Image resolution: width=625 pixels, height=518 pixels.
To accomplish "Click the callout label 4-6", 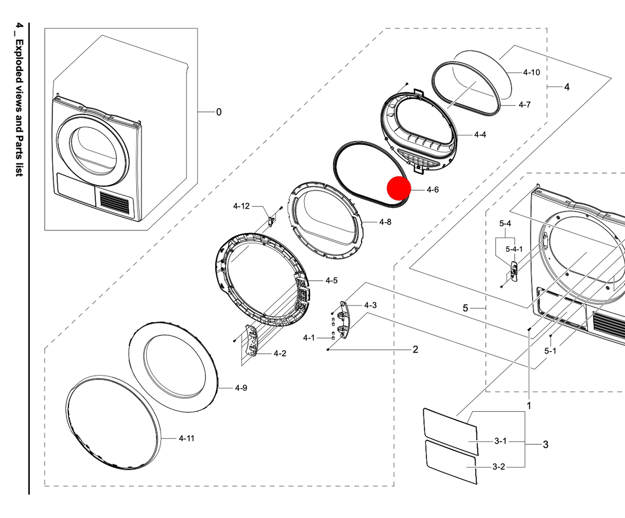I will pyautogui.click(x=432, y=190).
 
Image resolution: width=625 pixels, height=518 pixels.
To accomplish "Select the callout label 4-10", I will pyautogui.click(x=531, y=72).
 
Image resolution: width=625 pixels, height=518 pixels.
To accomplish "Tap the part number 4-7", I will pyautogui.click(x=524, y=105).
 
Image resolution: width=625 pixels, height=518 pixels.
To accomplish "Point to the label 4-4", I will pyautogui.click(x=479, y=135).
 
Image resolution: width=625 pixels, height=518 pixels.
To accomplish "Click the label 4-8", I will pyautogui.click(x=385, y=222).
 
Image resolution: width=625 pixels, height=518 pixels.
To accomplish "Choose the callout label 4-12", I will pyautogui.click(x=241, y=206).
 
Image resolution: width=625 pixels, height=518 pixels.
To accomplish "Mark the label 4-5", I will pyautogui.click(x=331, y=280).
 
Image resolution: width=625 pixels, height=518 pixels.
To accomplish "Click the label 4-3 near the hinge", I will pyautogui.click(x=370, y=305).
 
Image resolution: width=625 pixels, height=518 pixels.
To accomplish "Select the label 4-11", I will pyautogui.click(x=186, y=438).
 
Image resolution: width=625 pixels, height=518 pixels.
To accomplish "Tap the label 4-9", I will pyautogui.click(x=241, y=388).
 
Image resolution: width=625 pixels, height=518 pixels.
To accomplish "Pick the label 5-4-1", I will pyautogui.click(x=514, y=249).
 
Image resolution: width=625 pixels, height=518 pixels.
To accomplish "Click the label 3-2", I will pyautogui.click(x=498, y=467).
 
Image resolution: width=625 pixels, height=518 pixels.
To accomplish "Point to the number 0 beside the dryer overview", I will pyautogui.click(x=219, y=112).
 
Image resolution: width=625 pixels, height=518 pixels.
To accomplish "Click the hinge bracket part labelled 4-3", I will pyautogui.click(x=344, y=320).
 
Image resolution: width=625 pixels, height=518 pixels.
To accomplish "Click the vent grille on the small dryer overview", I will pyautogui.click(x=114, y=202).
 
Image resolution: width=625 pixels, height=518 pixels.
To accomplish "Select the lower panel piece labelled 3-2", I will pyautogui.click(x=451, y=462).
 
